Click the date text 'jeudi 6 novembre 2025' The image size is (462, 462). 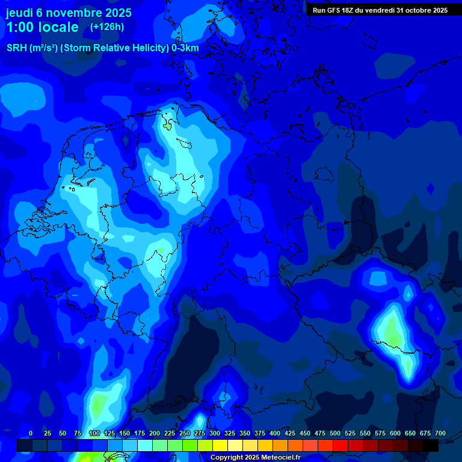[69, 13]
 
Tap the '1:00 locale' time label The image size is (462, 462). [42, 27]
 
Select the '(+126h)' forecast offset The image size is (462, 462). [107, 27]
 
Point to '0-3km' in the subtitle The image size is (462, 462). [185, 48]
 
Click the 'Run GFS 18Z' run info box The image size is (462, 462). [380, 10]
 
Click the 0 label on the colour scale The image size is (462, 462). [31, 433]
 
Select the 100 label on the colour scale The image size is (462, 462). [94, 433]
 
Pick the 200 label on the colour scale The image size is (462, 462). [155, 433]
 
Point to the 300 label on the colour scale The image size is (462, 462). [215, 433]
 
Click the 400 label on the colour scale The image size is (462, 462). [275, 433]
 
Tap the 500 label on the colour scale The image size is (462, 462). [335, 433]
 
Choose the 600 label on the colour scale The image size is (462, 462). [395, 433]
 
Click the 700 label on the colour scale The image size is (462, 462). [440, 433]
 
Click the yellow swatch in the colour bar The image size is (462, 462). [220, 445]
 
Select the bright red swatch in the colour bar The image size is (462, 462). [340, 445]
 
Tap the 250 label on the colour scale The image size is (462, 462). [185, 433]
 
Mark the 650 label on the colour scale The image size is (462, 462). [410, 433]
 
